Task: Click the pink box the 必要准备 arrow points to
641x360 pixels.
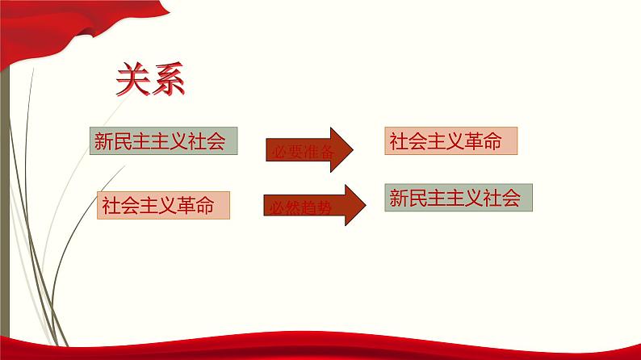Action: pyautogui.click(x=450, y=142)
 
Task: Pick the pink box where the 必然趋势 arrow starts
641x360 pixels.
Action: pyautogui.click(x=163, y=206)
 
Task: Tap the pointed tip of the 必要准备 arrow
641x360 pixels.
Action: pyautogui.click(x=352, y=149)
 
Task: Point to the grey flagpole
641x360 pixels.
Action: pyautogui.click(x=7, y=202)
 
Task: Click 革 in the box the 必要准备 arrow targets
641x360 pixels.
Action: pyautogui.click(x=471, y=142)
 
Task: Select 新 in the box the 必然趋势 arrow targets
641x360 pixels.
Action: pyautogui.click(x=399, y=198)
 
